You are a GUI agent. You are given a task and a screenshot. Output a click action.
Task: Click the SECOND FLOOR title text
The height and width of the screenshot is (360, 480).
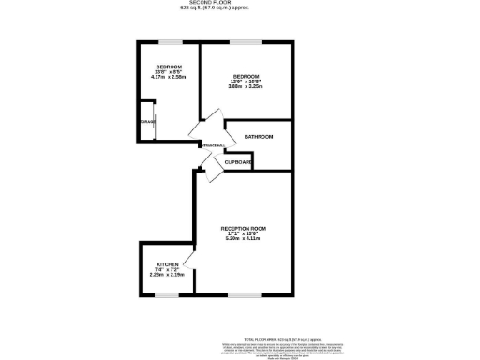pos(239,4)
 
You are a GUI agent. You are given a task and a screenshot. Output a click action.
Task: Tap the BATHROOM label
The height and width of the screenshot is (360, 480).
pos(259,137)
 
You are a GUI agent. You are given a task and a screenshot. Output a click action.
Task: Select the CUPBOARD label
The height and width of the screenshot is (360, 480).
pos(238,162)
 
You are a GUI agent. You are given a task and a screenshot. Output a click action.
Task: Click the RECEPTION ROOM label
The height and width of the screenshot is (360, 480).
pos(244,229)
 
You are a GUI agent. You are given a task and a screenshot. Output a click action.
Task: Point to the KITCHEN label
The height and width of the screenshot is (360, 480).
pos(168,264)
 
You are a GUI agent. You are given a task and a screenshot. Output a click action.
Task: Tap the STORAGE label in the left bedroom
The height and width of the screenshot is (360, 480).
pos(148,122)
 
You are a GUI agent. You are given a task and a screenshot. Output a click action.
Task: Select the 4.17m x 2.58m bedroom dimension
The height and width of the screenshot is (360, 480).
pos(168,78)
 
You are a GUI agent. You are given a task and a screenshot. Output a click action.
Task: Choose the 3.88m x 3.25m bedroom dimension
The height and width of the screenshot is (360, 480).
pos(246,87)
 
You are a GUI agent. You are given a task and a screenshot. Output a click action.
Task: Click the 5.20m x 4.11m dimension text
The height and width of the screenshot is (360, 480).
pos(244,240)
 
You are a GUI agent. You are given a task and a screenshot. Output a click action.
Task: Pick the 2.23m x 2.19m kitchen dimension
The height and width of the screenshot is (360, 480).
pos(168,276)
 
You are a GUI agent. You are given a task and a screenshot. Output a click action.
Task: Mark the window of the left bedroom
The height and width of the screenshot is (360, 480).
pos(170,41)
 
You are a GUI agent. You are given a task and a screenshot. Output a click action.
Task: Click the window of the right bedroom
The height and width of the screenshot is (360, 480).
pos(246,41)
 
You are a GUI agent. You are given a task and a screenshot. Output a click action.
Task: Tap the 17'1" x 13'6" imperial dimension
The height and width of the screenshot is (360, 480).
pos(244,234)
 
